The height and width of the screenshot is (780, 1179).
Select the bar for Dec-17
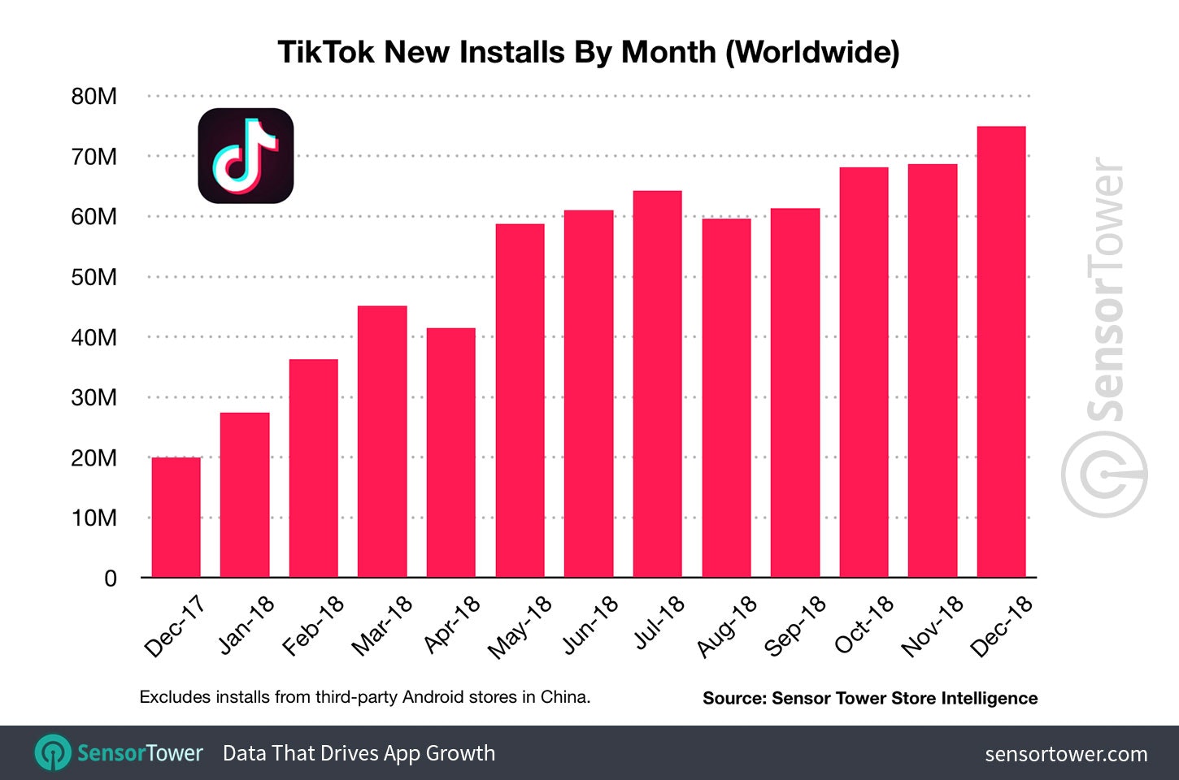click(176, 518)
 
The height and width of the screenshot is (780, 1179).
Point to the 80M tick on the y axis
click(94, 97)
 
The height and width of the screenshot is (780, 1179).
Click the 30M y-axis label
click(94, 397)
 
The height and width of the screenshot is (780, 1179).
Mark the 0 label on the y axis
click(111, 578)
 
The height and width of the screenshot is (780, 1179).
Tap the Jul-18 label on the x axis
click(659, 622)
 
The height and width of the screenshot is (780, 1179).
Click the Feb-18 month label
click(313, 626)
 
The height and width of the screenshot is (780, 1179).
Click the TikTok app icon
click(246, 155)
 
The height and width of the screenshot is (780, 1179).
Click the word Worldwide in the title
click(811, 52)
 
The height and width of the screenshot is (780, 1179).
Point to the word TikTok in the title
click(328, 52)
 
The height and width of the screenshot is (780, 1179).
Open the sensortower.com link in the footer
click(1066, 754)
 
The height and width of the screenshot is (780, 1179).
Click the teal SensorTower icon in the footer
click(54, 753)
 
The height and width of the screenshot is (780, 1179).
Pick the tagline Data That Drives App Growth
click(359, 753)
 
